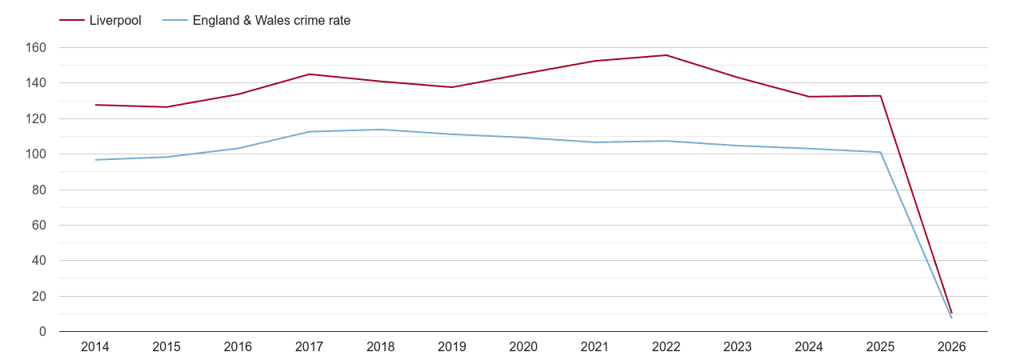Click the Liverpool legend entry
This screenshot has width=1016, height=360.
tap(115, 21)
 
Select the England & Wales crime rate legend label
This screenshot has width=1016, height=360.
tap(271, 21)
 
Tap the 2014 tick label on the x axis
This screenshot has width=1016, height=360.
tap(95, 347)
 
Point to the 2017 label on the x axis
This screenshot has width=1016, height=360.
tap(310, 347)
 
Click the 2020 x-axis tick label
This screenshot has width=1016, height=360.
tap(523, 347)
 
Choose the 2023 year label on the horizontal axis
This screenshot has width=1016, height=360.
tap(738, 347)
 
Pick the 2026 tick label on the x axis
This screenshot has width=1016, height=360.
tap(952, 347)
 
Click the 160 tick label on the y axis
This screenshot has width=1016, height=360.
tap(36, 48)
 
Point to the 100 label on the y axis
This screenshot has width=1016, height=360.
tap(36, 154)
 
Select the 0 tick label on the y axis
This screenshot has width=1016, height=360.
tap(42, 332)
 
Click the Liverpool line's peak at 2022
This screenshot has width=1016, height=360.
tap(666, 55)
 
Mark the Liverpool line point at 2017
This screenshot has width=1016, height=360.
tap(310, 74)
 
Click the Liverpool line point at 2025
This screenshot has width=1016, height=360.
tap(881, 96)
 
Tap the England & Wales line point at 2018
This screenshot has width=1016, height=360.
tap(381, 130)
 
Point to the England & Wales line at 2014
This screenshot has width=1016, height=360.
tap(95, 160)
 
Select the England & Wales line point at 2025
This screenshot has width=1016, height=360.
tap(881, 152)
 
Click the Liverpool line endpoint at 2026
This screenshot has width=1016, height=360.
tap(952, 313)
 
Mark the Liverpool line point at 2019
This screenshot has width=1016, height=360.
tap(452, 87)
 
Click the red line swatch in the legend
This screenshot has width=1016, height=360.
tap(72, 21)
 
